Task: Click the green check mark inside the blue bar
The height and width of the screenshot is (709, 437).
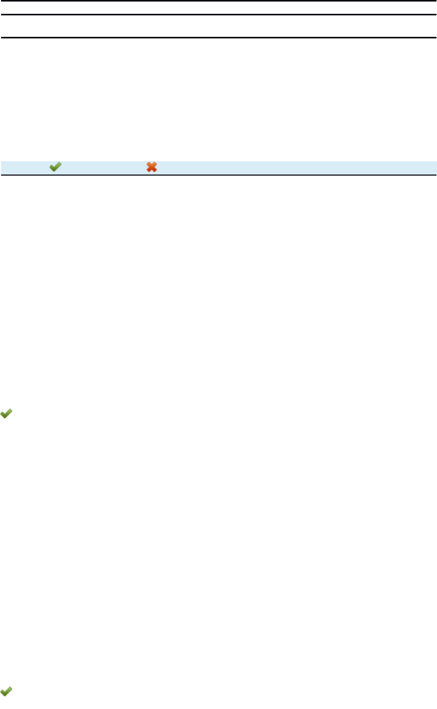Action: point(55,166)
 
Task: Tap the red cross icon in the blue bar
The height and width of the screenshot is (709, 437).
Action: point(152,166)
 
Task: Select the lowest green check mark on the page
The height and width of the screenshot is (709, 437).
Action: point(7,691)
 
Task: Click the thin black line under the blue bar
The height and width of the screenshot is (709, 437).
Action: point(218,175)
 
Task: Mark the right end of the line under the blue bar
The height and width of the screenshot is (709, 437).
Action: point(434,175)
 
